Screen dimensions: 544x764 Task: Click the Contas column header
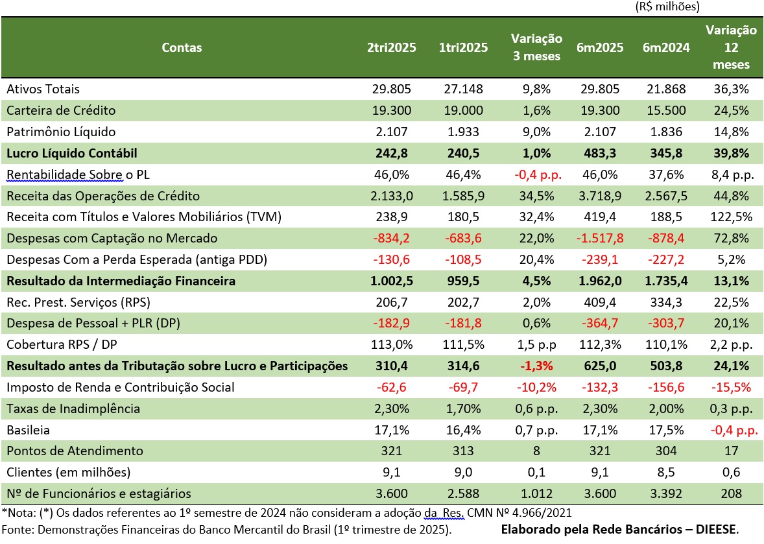(182, 47)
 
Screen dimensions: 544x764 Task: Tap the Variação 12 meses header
(731, 47)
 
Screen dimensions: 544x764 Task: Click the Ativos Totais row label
(43, 89)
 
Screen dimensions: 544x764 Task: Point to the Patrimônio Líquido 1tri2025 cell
(463, 132)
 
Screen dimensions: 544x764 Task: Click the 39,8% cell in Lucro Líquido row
(731, 153)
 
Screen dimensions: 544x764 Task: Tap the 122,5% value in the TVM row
(731, 217)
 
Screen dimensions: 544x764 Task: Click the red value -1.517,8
(600, 238)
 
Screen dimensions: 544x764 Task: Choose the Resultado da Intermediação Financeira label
(121, 281)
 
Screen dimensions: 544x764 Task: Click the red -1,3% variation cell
(536, 366)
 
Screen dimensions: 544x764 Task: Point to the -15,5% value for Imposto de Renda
(731, 387)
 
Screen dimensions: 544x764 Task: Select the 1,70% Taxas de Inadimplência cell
(463, 408)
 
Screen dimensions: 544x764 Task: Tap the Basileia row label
(28, 430)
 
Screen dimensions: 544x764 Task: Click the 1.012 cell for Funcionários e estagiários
(536, 493)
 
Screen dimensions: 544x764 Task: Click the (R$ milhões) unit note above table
(666, 7)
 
